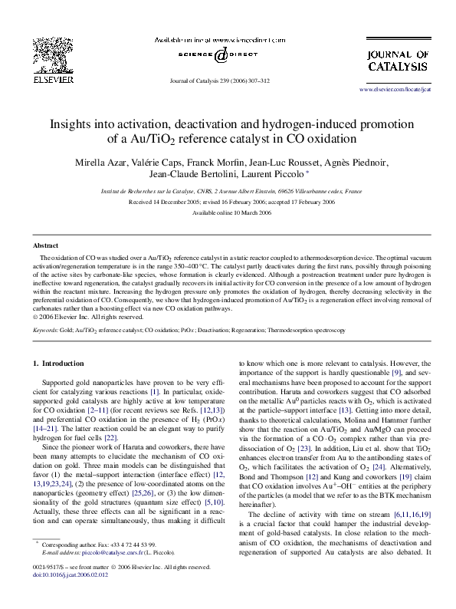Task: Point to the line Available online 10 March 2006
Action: [x=228, y=212]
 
